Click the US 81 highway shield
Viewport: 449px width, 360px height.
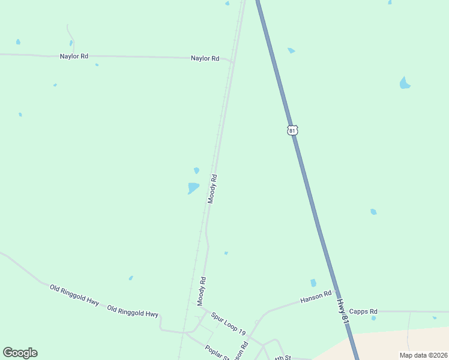(x=292, y=130)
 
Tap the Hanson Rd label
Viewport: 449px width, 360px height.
(x=316, y=296)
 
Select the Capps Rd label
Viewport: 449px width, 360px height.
(x=363, y=311)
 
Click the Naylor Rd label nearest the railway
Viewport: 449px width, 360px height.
(x=205, y=58)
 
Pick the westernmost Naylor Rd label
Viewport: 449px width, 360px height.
(x=74, y=56)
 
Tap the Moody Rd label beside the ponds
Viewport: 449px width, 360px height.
(x=212, y=189)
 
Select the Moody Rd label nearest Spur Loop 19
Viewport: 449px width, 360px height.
(x=202, y=291)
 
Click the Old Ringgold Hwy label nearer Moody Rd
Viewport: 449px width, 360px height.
(x=133, y=311)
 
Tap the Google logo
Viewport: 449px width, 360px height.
(x=20, y=353)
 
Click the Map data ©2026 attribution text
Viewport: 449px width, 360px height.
(x=423, y=355)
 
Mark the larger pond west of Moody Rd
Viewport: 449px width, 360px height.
(x=193, y=188)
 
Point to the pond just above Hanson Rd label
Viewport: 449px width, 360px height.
(x=313, y=283)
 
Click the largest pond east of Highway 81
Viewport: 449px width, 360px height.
(x=405, y=83)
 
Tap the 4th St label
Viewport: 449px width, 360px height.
(x=282, y=358)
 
